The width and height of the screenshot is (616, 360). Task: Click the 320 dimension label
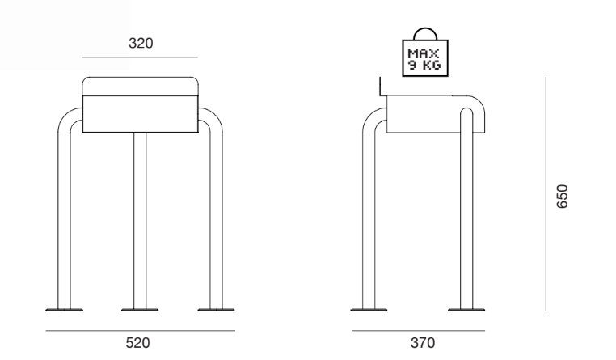coord(141,43)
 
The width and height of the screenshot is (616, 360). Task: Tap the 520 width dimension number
coord(137,343)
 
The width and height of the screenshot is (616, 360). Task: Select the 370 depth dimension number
coord(423,343)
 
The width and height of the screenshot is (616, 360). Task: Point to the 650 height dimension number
coord(562,196)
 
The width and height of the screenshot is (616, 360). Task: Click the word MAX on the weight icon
coord(424,53)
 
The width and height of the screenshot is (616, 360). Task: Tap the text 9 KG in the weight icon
coord(424,65)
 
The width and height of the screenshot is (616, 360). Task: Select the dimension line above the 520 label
coord(140,331)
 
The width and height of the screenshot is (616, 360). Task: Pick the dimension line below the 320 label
coord(140,57)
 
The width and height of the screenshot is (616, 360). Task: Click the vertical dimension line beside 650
coord(546,194)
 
